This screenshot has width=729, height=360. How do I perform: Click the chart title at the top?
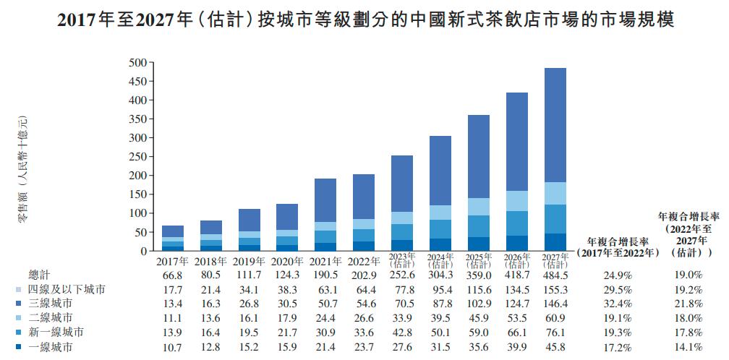364,20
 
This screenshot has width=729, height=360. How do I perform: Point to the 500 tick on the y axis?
138,63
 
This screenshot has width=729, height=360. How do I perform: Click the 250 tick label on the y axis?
138,157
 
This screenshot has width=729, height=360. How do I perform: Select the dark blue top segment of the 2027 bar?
555,125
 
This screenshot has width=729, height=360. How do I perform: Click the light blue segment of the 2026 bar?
516,201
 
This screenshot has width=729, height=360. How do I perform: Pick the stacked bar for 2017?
172,238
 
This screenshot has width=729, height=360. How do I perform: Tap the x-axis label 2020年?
290,260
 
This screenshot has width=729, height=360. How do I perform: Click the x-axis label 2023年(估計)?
402,260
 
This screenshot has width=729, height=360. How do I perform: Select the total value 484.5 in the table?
555,275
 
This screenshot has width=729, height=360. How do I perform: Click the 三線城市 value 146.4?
555,304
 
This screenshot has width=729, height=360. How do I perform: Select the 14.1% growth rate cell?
688,348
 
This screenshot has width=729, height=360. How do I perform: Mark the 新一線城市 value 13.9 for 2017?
172,333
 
